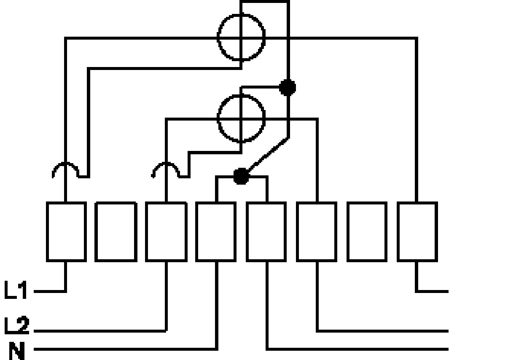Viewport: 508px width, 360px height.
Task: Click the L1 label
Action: tap(16, 290)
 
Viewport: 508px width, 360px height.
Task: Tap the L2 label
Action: tap(17, 325)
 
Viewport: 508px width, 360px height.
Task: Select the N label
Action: tap(17, 351)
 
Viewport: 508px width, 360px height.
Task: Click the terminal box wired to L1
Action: tap(66, 232)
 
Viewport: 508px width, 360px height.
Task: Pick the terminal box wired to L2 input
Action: tap(166, 232)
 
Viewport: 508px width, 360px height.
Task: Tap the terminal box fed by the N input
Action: tap(216, 232)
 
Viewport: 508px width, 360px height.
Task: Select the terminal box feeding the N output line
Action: tap(266, 232)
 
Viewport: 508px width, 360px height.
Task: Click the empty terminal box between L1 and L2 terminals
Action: tap(116, 232)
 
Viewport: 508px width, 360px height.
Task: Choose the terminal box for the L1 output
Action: tap(417, 232)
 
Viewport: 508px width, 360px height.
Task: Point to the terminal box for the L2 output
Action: tap(317, 232)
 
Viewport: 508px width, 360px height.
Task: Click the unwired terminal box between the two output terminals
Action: tap(367, 232)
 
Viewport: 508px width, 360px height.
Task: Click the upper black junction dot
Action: tap(288, 88)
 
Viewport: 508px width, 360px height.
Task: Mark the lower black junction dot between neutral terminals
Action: tap(241, 176)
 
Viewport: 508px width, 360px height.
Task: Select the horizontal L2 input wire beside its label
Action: tap(100, 331)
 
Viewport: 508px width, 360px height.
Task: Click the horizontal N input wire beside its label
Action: tap(125, 349)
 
